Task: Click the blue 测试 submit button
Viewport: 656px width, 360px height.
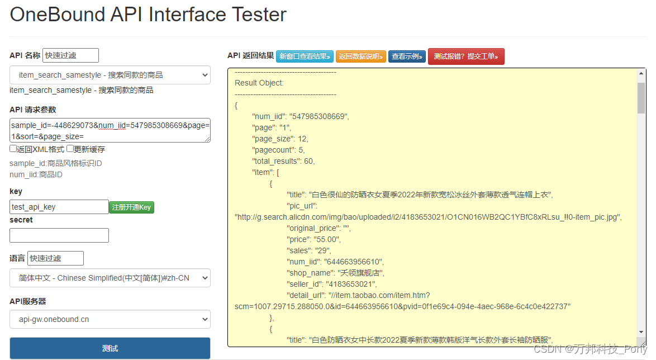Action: (x=110, y=348)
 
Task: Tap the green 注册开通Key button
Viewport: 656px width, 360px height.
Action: (x=131, y=207)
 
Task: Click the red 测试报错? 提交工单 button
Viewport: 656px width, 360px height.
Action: (x=466, y=56)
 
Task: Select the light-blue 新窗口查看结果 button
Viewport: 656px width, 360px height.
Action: (x=305, y=56)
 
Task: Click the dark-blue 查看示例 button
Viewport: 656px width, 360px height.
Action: (x=407, y=56)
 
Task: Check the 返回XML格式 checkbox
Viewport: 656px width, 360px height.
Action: (x=13, y=149)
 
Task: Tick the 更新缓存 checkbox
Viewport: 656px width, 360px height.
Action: (x=70, y=149)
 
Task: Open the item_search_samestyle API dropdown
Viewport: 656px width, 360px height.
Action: (x=110, y=75)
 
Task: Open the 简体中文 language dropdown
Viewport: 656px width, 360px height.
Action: (x=110, y=278)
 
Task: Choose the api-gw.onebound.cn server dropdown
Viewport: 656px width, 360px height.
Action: (x=110, y=319)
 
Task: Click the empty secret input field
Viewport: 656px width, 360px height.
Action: (x=59, y=235)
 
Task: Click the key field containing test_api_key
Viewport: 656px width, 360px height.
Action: (x=59, y=207)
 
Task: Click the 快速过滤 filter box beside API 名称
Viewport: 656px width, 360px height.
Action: (x=71, y=55)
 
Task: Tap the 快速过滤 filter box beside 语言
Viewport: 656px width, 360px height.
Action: (x=56, y=258)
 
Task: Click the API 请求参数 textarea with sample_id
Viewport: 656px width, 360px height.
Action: (x=110, y=131)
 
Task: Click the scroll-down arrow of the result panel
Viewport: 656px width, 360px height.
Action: (x=641, y=332)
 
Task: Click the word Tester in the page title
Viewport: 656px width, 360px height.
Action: (x=259, y=15)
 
